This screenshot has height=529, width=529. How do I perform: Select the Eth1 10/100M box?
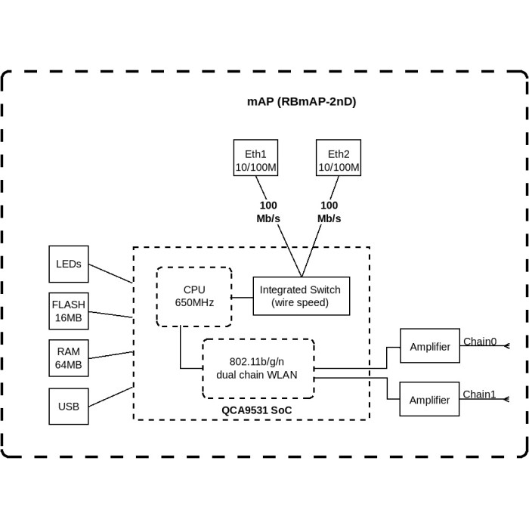coord(255,158)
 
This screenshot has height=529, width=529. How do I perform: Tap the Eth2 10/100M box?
coord(339,158)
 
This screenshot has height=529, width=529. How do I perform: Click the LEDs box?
coord(69,264)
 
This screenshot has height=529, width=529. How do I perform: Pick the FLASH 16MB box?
coord(69,311)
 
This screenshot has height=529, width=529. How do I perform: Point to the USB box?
coord(69,407)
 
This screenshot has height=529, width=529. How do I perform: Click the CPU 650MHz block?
coord(194,295)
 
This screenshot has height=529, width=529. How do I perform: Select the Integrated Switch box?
coord(300,295)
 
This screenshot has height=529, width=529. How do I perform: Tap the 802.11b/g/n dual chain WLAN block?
coord(258,367)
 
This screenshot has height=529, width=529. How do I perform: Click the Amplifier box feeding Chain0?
coord(429,347)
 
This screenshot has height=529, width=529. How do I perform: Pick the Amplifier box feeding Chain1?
coord(429,400)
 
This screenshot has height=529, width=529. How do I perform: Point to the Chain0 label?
coord(480,342)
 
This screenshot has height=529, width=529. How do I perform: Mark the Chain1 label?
coord(480,394)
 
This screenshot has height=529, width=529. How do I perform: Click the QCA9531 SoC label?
coord(256,410)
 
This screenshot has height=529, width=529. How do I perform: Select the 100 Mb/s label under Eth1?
coord(268,212)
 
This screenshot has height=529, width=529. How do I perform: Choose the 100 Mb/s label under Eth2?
coord(329,212)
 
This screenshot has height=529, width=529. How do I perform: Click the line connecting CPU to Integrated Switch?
coord(242,295)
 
